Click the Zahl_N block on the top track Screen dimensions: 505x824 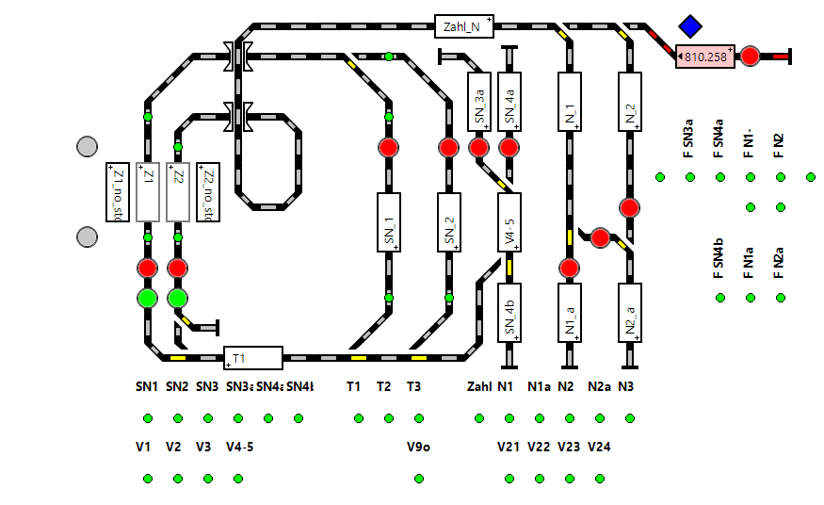click(464, 26)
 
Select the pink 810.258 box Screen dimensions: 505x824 click(705, 57)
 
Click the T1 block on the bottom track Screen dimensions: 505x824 click(253, 358)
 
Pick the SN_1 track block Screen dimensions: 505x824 click(389, 222)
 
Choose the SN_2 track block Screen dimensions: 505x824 click(449, 222)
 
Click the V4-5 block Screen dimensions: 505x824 click(509, 222)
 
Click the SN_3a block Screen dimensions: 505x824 click(479, 102)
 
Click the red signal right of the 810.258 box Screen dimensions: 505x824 click(750, 57)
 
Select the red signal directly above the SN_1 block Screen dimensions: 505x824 click(389, 147)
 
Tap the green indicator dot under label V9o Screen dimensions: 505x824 click(419, 479)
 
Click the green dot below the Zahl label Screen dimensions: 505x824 click(479, 418)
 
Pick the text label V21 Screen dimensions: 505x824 click(509, 447)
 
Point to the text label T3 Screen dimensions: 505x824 click(414, 386)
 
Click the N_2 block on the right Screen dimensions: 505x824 click(630, 102)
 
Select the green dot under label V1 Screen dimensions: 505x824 click(148, 479)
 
